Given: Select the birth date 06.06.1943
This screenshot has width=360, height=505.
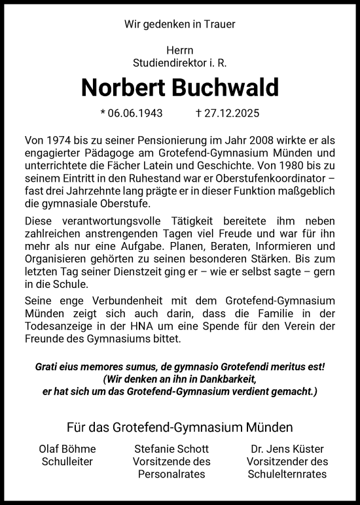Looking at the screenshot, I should [x=135, y=113].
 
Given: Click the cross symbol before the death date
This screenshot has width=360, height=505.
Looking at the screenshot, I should [x=198, y=113].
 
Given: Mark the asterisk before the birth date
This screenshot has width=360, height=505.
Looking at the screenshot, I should [x=103, y=113].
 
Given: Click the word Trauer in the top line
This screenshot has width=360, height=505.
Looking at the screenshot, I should [x=219, y=24].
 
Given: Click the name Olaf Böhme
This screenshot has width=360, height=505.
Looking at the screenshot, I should [x=68, y=449].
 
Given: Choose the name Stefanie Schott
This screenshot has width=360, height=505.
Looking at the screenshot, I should [x=171, y=449].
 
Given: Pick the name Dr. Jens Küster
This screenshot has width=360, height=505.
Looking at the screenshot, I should [x=289, y=449].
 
